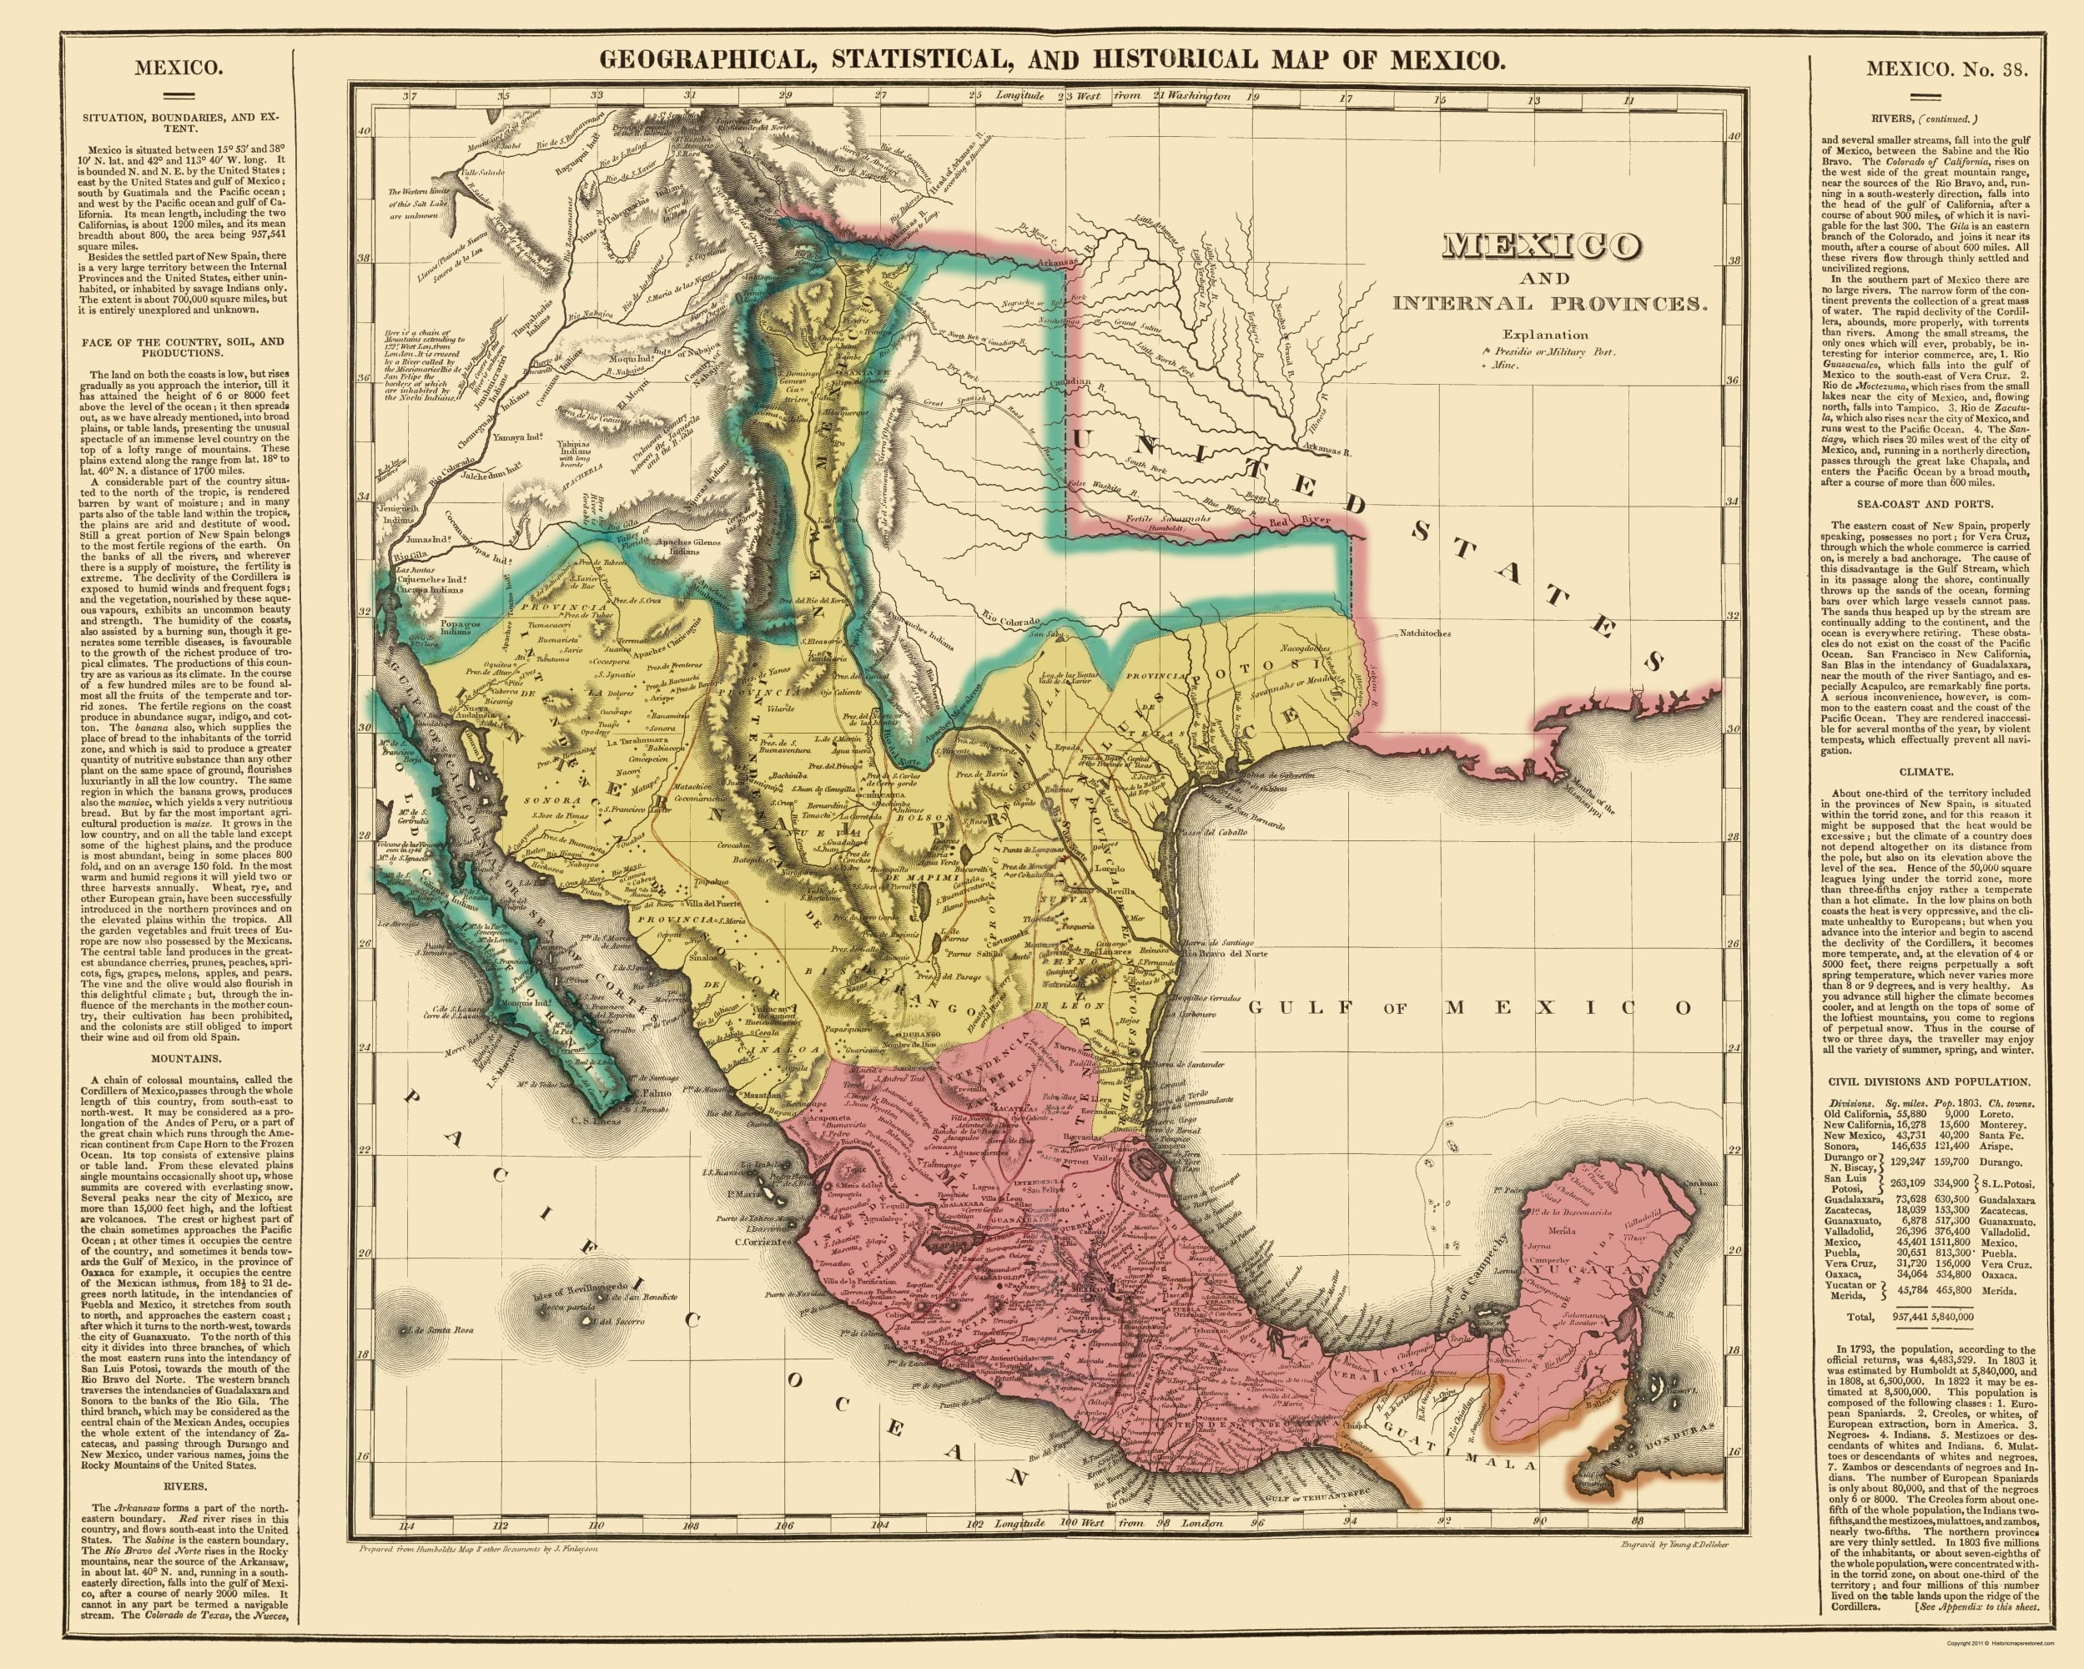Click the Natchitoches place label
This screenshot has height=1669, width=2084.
coord(1424,634)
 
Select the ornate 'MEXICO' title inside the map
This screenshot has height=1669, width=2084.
coord(1546,245)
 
